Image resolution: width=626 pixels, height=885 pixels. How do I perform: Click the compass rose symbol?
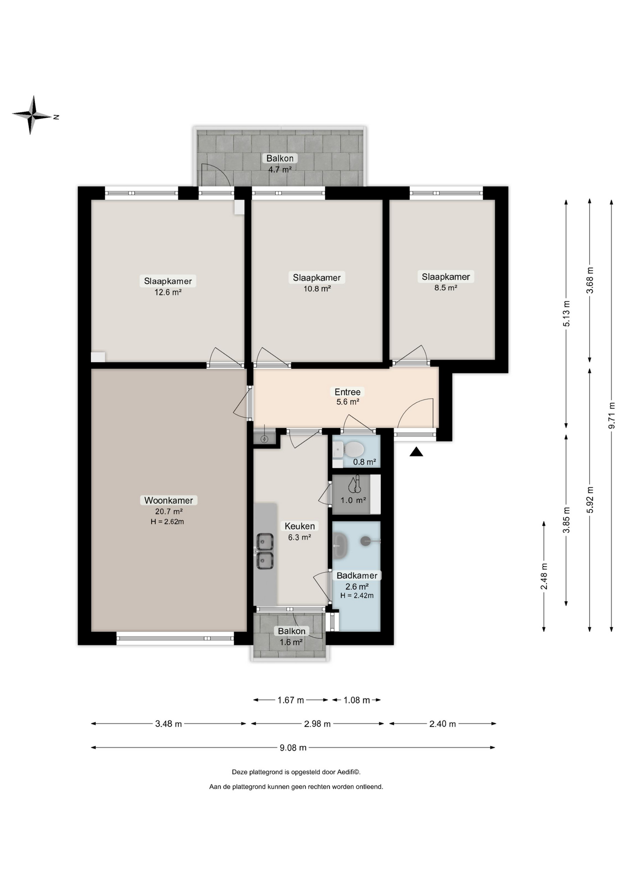pos(32,115)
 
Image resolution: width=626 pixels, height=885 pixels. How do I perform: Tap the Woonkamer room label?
pos(169,500)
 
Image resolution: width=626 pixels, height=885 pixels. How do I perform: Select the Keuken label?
pos(300,526)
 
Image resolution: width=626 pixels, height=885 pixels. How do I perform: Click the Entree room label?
pos(348,392)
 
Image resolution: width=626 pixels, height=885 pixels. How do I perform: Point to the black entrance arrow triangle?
pos(416,452)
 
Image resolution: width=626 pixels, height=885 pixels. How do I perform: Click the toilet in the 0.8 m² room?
pos(354,448)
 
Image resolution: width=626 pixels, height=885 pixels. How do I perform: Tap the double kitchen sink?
pos(265,551)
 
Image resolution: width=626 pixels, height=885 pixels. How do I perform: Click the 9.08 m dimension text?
pos(293,748)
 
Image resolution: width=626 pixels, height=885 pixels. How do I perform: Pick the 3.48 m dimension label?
pos(168,724)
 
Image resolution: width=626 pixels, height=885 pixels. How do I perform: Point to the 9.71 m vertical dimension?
pos(612,415)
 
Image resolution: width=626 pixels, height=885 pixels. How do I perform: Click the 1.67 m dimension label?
pos(290,700)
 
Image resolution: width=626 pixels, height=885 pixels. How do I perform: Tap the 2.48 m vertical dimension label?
pos(544,576)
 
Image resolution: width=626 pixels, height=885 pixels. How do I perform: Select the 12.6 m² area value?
pos(168,292)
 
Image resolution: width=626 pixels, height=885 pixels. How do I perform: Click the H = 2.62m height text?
pos(167,522)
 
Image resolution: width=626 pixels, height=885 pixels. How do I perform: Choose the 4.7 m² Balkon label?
pos(280,169)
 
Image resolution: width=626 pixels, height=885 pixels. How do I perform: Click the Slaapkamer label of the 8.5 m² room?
pos(446,277)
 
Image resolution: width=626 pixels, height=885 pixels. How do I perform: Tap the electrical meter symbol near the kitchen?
pos(265,439)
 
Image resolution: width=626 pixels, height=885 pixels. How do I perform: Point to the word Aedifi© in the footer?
pos(349,772)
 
